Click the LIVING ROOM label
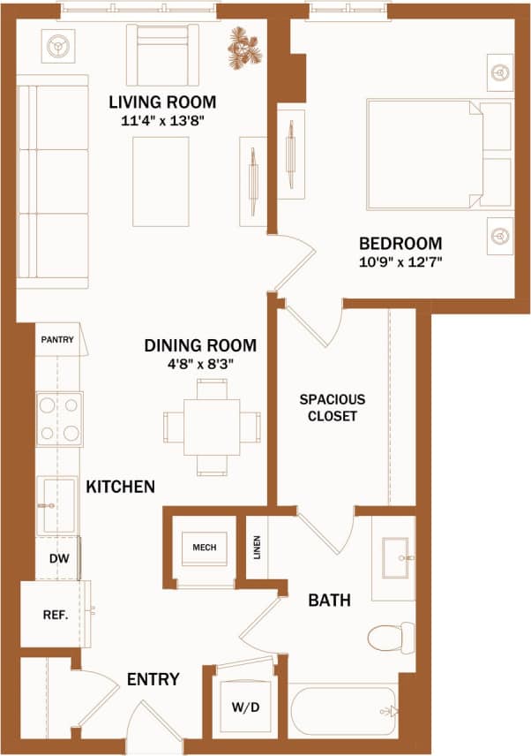click(x=162, y=101)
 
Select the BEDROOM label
click(x=400, y=244)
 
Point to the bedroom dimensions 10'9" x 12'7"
click(x=400, y=262)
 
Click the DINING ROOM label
click(x=200, y=345)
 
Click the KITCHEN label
click(x=120, y=487)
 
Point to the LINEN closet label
click(x=257, y=548)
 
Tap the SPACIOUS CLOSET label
click(x=332, y=407)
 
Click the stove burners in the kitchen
click(x=59, y=419)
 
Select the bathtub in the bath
click(x=344, y=712)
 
